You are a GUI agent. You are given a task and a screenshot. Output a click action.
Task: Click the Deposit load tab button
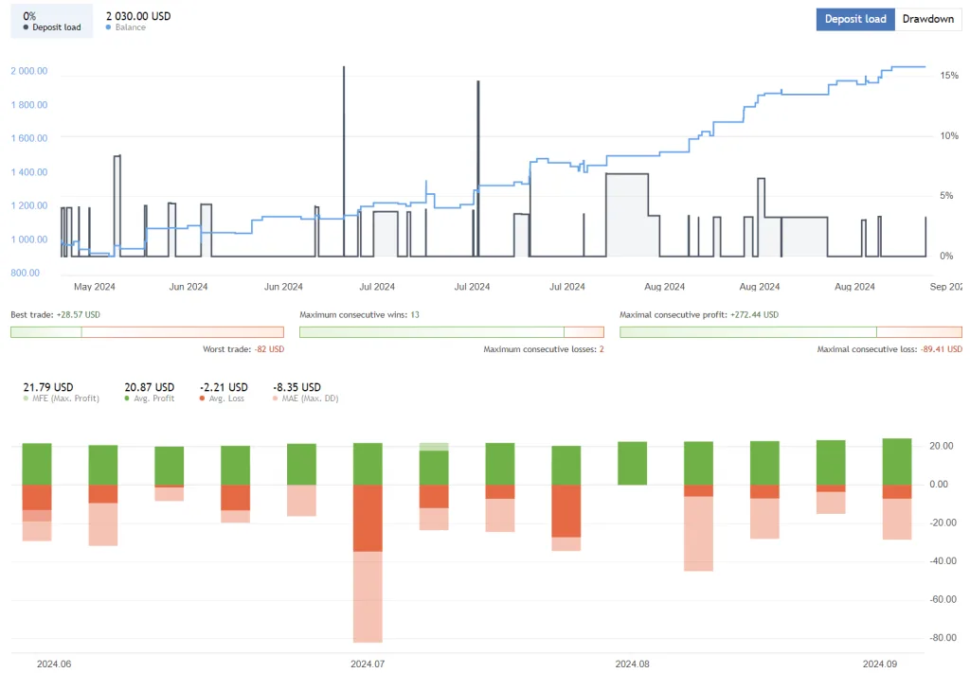[x=854, y=19]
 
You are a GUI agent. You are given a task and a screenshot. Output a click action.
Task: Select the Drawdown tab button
[x=927, y=19]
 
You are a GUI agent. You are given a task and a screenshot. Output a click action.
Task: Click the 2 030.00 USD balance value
[x=138, y=16]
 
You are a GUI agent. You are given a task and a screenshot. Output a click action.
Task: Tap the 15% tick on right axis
[x=948, y=75]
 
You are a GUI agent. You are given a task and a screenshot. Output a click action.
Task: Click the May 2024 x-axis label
[x=94, y=287]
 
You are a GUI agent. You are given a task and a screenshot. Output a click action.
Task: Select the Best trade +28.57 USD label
[x=55, y=314]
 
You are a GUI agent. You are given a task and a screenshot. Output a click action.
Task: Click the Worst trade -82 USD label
[x=242, y=349]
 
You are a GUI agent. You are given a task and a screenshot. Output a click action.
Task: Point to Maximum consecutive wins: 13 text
[x=359, y=314]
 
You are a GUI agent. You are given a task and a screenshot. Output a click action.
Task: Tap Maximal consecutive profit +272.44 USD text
[x=699, y=314]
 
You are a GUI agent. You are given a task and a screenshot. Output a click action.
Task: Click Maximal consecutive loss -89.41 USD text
[x=889, y=349]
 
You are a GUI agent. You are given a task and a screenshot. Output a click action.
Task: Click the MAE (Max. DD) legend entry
[x=305, y=398]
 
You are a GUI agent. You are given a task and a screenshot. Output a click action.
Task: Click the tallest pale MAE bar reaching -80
[x=368, y=596]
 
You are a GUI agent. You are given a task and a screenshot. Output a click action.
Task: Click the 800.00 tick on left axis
[x=26, y=273]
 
